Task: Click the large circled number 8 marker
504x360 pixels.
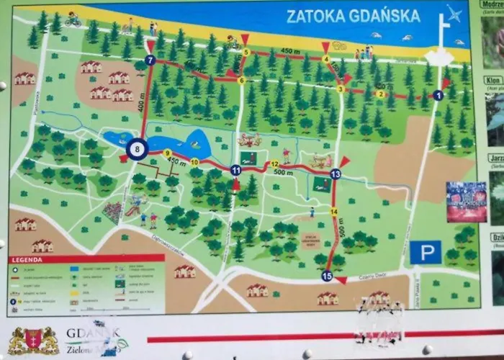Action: point(138,149)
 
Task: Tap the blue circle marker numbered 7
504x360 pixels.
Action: point(150,60)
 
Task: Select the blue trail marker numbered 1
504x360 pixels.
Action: point(438,95)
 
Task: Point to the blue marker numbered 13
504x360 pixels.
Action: point(335,174)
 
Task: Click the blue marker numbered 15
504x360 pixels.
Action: point(327,276)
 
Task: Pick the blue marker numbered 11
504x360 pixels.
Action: point(235,170)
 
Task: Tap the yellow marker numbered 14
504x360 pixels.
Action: point(334,212)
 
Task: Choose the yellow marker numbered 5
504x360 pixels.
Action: point(246,52)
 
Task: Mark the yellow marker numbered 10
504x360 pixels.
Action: point(194,162)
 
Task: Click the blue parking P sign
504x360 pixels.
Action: point(426,252)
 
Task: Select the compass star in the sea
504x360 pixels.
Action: point(453,14)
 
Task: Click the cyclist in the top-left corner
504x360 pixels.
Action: point(73,20)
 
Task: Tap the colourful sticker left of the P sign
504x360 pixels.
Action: point(466,202)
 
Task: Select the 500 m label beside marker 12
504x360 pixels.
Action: point(283,173)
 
